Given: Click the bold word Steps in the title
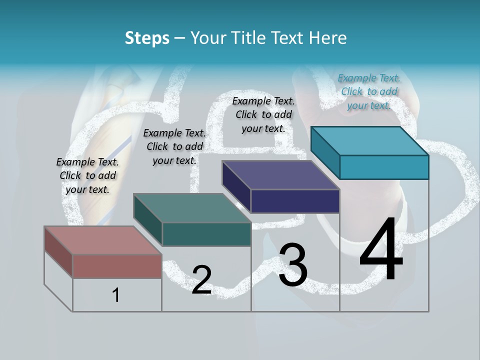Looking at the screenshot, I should pyautogui.click(x=147, y=38).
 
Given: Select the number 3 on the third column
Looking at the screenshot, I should pyautogui.click(x=293, y=265).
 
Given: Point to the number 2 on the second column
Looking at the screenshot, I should pyautogui.click(x=201, y=280).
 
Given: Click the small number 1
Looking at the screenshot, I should pyautogui.click(x=116, y=295).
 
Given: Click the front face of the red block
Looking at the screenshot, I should pyautogui.click(x=117, y=266).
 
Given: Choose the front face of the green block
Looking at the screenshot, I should pyautogui.click(x=206, y=234).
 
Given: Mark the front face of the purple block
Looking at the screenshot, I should pyautogui.click(x=295, y=201).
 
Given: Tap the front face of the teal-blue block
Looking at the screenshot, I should pyautogui.click(x=384, y=167).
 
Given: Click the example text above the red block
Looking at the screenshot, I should pyautogui.click(x=87, y=175).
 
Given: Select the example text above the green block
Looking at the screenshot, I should pyautogui.click(x=174, y=146).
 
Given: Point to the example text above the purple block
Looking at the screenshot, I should pyautogui.click(x=263, y=114).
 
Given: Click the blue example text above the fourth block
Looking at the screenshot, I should pyautogui.click(x=369, y=91).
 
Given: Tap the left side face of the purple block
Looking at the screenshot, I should pyautogui.click(x=236, y=186).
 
